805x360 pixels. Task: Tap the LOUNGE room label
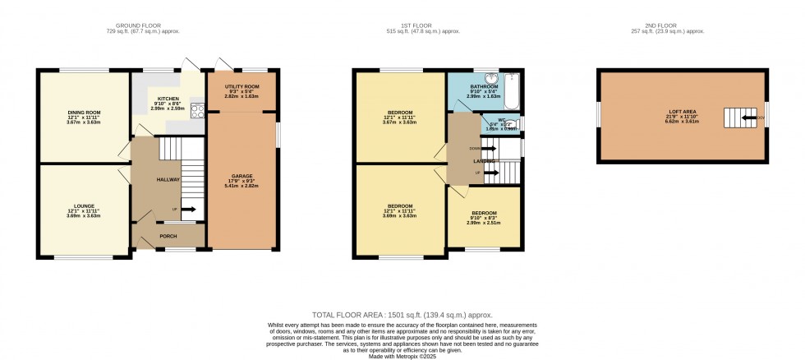(83, 205)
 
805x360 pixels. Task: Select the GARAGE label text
(241, 176)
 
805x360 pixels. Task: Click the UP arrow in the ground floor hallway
(187, 210)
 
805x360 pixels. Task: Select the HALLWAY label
(168, 179)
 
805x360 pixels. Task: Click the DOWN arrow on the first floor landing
(488, 149)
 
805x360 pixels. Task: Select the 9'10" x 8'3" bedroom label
(484, 215)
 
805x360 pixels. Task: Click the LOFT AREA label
(681, 112)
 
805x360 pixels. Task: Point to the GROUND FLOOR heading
(160, 25)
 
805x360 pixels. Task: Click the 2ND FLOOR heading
(683, 25)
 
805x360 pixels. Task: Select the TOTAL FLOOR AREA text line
(402, 315)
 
